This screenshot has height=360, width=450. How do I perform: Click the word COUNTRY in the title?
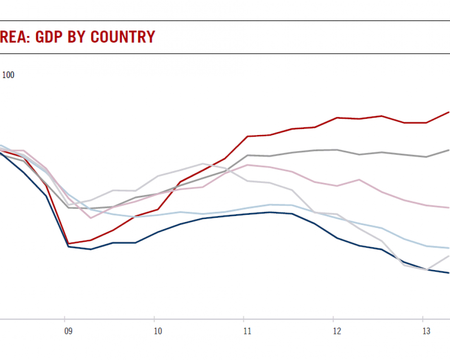tap(123, 37)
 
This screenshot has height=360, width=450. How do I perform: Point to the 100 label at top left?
tap(8, 75)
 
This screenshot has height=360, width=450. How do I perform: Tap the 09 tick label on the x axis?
tap(68, 331)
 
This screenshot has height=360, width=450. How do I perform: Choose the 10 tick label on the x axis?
tap(158, 331)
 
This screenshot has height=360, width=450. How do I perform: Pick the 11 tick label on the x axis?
tap(247, 331)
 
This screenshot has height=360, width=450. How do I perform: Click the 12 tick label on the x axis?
tap(337, 331)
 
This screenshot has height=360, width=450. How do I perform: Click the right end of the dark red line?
tap(449, 112)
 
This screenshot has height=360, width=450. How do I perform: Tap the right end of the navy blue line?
tap(449, 273)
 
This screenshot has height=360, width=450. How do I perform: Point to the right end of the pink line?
tap(449, 208)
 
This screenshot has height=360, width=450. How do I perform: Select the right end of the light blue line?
tap(449, 248)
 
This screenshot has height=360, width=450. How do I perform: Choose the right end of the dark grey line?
tap(449, 150)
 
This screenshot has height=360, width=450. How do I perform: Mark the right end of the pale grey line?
tap(449, 256)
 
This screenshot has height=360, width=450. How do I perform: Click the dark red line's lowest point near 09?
tap(68, 244)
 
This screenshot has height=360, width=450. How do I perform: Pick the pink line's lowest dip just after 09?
tap(90, 218)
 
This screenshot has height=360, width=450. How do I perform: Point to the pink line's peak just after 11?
tap(247, 165)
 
